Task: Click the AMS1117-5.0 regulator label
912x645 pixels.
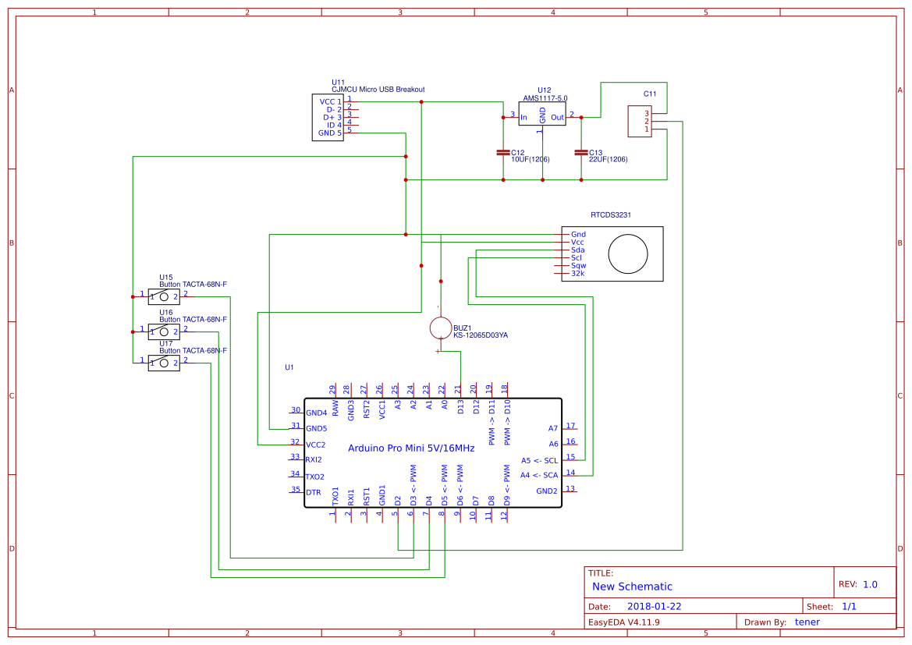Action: click(545, 98)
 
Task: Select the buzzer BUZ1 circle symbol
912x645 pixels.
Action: click(441, 328)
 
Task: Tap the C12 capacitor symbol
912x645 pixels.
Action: click(503, 152)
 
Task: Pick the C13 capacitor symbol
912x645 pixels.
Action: click(581, 152)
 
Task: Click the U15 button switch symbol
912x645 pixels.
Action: click(164, 296)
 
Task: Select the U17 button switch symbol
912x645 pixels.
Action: click(164, 363)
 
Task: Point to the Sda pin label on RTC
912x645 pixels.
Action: click(578, 250)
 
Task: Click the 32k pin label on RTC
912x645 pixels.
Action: click(578, 274)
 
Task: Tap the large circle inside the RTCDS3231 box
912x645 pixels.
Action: click(628, 253)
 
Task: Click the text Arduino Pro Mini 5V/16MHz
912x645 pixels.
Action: click(410, 448)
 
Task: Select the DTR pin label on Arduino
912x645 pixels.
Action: click(313, 493)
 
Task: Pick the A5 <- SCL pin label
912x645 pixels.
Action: click(539, 460)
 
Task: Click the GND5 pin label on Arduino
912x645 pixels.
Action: click(316, 429)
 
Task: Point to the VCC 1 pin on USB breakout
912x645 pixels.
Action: click(330, 101)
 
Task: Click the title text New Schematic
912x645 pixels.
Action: click(632, 587)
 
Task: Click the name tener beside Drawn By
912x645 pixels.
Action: click(807, 622)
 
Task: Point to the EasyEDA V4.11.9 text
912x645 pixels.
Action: click(624, 622)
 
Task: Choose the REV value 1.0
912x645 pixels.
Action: click(870, 584)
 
